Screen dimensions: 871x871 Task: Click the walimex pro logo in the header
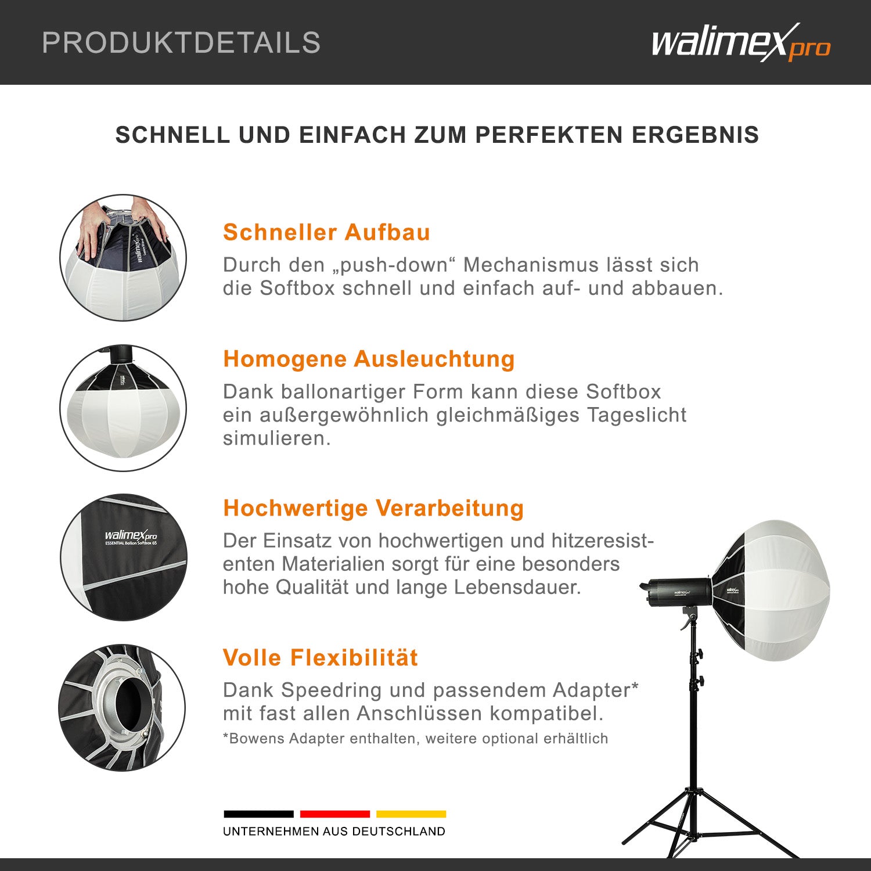pos(740,43)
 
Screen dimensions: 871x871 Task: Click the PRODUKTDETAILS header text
pos(181,43)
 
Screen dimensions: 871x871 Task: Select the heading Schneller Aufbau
pos(326,232)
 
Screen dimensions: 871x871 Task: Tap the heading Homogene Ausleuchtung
pos(369,359)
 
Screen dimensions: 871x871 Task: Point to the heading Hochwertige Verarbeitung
pos(373,508)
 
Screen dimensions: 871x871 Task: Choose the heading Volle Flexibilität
pos(321,658)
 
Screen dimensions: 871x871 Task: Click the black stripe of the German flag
pos(258,814)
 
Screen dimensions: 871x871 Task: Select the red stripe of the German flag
pos(335,814)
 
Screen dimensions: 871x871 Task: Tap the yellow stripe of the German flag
pos(411,814)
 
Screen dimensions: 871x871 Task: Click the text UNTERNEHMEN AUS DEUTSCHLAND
pos(334,832)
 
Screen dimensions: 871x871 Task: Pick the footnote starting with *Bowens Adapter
pos(415,739)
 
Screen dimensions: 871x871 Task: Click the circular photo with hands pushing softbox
pos(123,258)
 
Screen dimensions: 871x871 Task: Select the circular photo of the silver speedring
pos(122,707)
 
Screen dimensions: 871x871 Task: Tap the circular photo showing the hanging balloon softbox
pos(123,408)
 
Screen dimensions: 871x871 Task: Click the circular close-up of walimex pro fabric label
pos(124,557)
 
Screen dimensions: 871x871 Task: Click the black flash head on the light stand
pos(676,591)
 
